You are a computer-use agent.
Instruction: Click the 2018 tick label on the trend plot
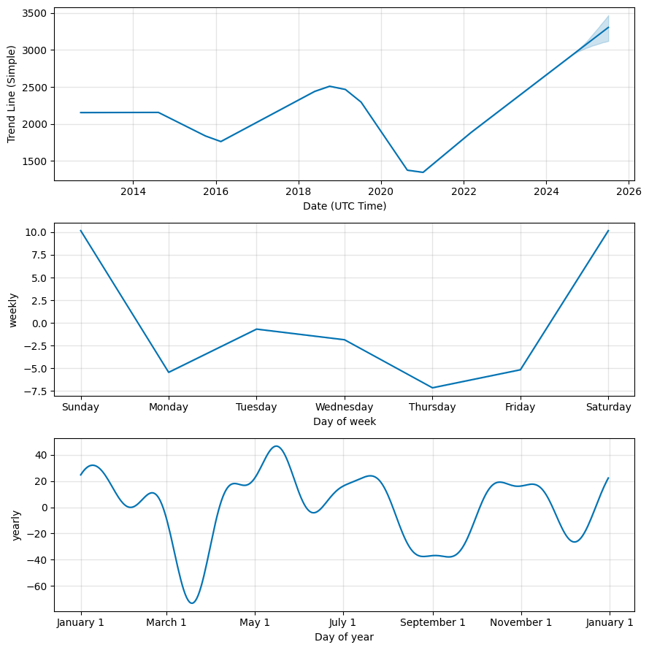coord(298,192)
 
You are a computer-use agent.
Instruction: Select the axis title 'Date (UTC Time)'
coord(345,206)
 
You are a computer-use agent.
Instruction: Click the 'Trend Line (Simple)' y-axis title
coord(12,94)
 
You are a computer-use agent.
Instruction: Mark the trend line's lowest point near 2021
coord(423,172)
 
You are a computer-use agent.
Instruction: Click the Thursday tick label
coord(432,408)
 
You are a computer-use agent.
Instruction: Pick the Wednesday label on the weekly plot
coord(344,408)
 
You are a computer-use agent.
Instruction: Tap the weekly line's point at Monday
coord(169,372)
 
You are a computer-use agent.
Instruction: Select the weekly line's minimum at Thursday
coord(432,388)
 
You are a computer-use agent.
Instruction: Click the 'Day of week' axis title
coord(345,421)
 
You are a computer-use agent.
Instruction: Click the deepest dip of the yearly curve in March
coord(192,603)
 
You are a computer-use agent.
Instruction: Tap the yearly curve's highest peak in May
coord(276,446)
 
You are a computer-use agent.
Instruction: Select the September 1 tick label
coord(432,623)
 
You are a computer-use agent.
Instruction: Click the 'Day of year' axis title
coord(345,637)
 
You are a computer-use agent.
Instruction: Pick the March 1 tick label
coord(166,623)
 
